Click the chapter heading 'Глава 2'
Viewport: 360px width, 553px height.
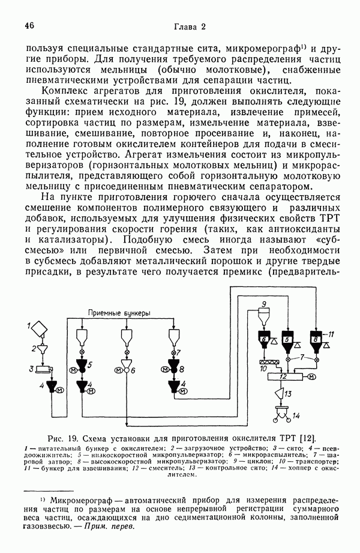click(x=189, y=26)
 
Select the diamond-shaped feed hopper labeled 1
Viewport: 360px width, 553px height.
click(x=40, y=327)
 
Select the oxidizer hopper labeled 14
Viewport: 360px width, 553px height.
click(x=279, y=413)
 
